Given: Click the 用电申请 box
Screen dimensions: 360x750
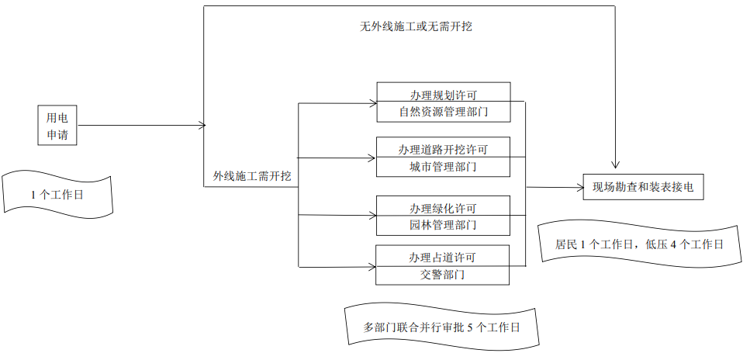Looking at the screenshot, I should [x=58, y=126].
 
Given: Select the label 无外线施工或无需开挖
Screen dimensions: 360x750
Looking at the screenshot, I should [x=416, y=26].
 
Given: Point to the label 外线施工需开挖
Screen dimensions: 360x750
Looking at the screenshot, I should [x=252, y=176].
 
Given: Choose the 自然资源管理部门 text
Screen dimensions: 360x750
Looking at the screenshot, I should [x=443, y=112].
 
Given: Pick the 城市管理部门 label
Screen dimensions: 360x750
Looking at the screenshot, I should [x=443, y=166].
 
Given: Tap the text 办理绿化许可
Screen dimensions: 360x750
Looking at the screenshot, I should [x=443, y=208].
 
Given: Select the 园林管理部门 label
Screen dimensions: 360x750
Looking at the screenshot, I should [x=443, y=225].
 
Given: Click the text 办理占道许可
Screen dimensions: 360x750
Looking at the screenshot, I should [x=443, y=257].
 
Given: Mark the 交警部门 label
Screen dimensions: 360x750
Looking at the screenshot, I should [x=443, y=274].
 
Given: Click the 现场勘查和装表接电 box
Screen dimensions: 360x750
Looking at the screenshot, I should [x=643, y=187].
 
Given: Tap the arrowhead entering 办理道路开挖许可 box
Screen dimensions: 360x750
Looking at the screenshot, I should [x=372, y=158].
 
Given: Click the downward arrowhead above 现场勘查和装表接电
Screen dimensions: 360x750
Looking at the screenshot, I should [x=615, y=166].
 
